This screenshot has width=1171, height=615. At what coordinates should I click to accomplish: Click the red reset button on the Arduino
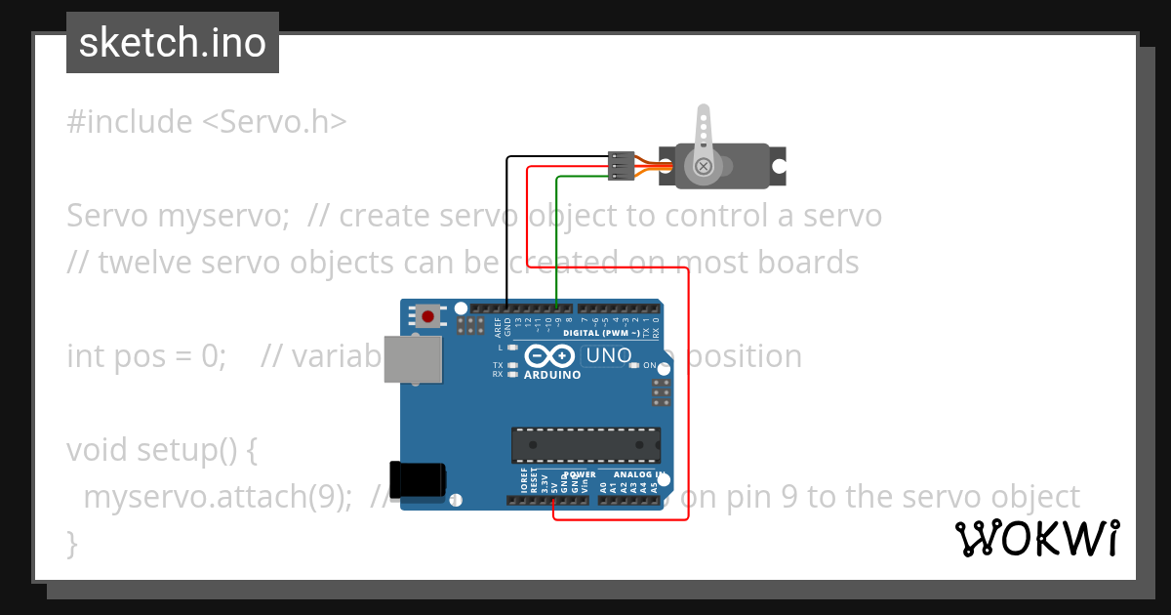[x=427, y=315]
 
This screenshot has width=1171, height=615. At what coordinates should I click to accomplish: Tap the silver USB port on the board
[x=409, y=359]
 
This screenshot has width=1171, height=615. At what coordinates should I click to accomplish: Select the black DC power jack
[x=417, y=478]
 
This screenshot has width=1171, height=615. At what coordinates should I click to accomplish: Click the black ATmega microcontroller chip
[x=585, y=444]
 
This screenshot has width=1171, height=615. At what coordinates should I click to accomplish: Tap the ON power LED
[x=634, y=365]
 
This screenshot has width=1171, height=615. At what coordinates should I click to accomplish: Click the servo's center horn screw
[x=703, y=167]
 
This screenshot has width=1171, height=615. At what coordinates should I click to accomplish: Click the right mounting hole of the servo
[x=779, y=166]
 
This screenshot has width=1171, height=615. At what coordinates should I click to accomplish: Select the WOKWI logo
[x=1036, y=538]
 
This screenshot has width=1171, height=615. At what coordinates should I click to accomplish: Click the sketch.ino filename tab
[x=173, y=43]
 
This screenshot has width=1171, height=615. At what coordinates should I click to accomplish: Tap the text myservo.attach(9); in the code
[x=218, y=497]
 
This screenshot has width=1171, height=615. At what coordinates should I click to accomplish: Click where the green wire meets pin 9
[x=556, y=307]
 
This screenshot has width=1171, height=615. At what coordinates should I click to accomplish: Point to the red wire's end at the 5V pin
[x=553, y=501]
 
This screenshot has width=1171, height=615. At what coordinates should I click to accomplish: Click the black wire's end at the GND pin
[x=506, y=307]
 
